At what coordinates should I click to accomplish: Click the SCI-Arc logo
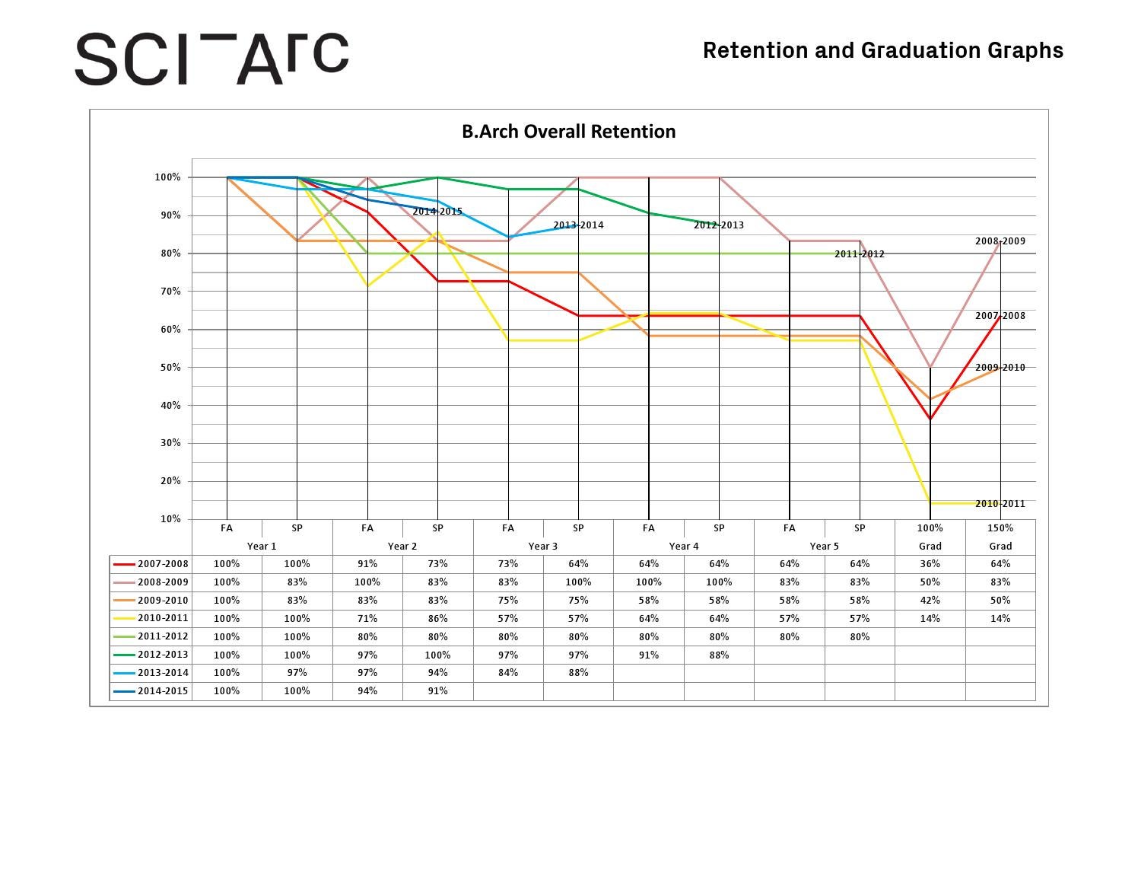coord(211,59)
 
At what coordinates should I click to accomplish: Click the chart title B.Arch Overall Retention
coord(568,132)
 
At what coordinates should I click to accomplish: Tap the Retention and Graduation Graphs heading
coord(882,50)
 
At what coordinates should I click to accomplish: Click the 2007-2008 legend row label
coord(162,564)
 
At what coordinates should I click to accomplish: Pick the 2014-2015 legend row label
coord(162,691)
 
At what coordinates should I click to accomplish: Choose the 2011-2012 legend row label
coord(162,636)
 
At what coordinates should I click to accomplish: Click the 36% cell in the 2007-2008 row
coord(930,564)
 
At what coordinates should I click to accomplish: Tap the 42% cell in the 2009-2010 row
coord(930,601)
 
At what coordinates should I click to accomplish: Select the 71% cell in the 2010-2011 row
coord(367,619)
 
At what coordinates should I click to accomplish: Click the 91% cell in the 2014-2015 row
coord(437,691)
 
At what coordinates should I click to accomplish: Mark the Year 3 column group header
coord(543,546)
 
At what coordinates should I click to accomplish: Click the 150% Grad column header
coord(1000,537)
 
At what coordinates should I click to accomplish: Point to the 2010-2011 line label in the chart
coord(1000,504)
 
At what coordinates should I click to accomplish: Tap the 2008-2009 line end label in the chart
coord(1000,241)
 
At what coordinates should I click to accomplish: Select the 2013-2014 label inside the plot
coord(578,225)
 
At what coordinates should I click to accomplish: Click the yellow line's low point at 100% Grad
coord(930,503)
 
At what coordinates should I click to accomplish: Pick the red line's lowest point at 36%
coord(930,419)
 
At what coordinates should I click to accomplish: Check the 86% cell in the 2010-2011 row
coord(437,619)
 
